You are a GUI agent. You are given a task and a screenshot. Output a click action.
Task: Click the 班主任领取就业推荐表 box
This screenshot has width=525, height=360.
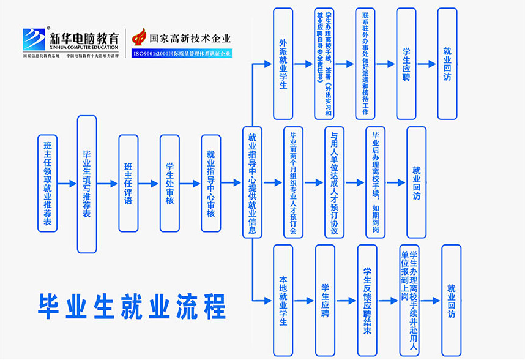[x=47, y=183]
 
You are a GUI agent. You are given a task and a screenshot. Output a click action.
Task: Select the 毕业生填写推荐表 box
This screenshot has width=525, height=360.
[x=87, y=184]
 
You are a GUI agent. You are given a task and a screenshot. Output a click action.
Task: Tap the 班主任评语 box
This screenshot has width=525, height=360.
[x=128, y=183]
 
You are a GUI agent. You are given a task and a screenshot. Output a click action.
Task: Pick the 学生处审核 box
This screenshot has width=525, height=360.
[x=169, y=183]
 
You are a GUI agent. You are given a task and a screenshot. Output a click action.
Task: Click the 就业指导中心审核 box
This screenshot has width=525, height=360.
[x=210, y=183]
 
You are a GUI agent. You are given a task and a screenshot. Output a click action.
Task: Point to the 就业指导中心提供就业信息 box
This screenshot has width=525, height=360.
[x=252, y=183]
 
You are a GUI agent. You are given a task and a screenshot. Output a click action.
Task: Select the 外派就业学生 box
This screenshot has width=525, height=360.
[x=283, y=64]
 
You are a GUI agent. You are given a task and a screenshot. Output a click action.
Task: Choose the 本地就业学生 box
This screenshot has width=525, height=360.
[x=283, y=301]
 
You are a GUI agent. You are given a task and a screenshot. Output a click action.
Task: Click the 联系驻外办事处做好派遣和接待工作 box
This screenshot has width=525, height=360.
[x=365, y=64]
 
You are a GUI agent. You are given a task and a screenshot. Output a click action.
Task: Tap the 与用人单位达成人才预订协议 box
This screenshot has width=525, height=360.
[x=334, y=183]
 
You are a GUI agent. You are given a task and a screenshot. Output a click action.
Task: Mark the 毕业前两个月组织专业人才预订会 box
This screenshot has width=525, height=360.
[x=293, y=183]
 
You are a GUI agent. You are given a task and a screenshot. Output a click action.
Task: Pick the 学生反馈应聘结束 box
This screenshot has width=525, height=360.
[x=367, y=301]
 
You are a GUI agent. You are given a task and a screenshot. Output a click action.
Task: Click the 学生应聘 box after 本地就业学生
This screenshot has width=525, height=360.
[x=325, y=301]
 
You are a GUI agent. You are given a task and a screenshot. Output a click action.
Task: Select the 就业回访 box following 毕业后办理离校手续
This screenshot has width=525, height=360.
[x=417, y=183]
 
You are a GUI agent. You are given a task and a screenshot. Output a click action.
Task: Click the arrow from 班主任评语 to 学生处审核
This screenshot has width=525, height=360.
[x=149, y=183]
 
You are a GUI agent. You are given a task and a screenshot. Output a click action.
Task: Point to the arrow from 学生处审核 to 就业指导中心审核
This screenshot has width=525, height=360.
[x=190, y=183]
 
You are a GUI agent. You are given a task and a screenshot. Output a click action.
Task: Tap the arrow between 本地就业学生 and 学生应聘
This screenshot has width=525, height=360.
[x=304, y=301]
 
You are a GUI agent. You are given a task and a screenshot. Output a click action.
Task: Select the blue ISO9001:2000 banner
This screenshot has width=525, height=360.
[x=182, y=53]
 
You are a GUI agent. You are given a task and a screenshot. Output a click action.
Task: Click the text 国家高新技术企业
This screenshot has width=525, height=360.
[x=190, y=38]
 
